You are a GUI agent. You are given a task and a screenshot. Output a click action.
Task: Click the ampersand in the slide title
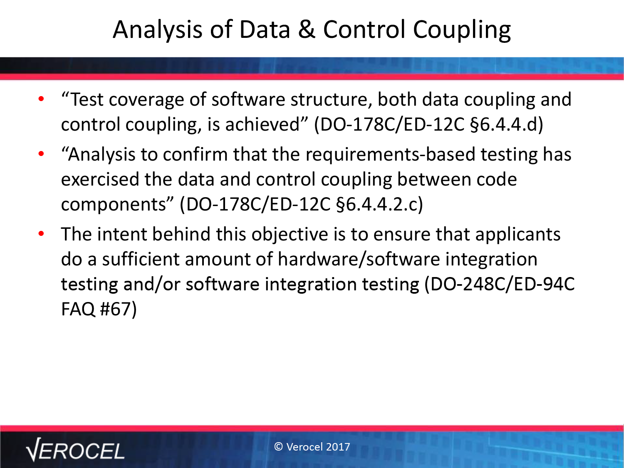[x=307, y=30]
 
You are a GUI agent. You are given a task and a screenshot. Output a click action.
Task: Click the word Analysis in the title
[x=158, y=30]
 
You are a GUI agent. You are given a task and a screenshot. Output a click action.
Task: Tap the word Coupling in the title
[x=462, y=30]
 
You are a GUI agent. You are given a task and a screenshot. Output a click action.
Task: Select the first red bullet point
[x=41, y=99]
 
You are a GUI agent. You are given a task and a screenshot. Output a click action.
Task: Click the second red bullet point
[x=41, y=154]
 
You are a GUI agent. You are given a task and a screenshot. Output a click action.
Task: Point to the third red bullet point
[x=41, y=234]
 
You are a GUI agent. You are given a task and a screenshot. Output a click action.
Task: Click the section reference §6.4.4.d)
[x=506, y=124]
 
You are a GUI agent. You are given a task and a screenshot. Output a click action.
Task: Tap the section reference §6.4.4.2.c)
[x=379, y=204]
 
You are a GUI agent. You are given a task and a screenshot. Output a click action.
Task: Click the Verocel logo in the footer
[x=75, y=450]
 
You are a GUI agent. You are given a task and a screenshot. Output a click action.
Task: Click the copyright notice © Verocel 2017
[x=312, y=447]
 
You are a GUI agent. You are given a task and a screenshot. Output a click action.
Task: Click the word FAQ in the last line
[x=78, y=309]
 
